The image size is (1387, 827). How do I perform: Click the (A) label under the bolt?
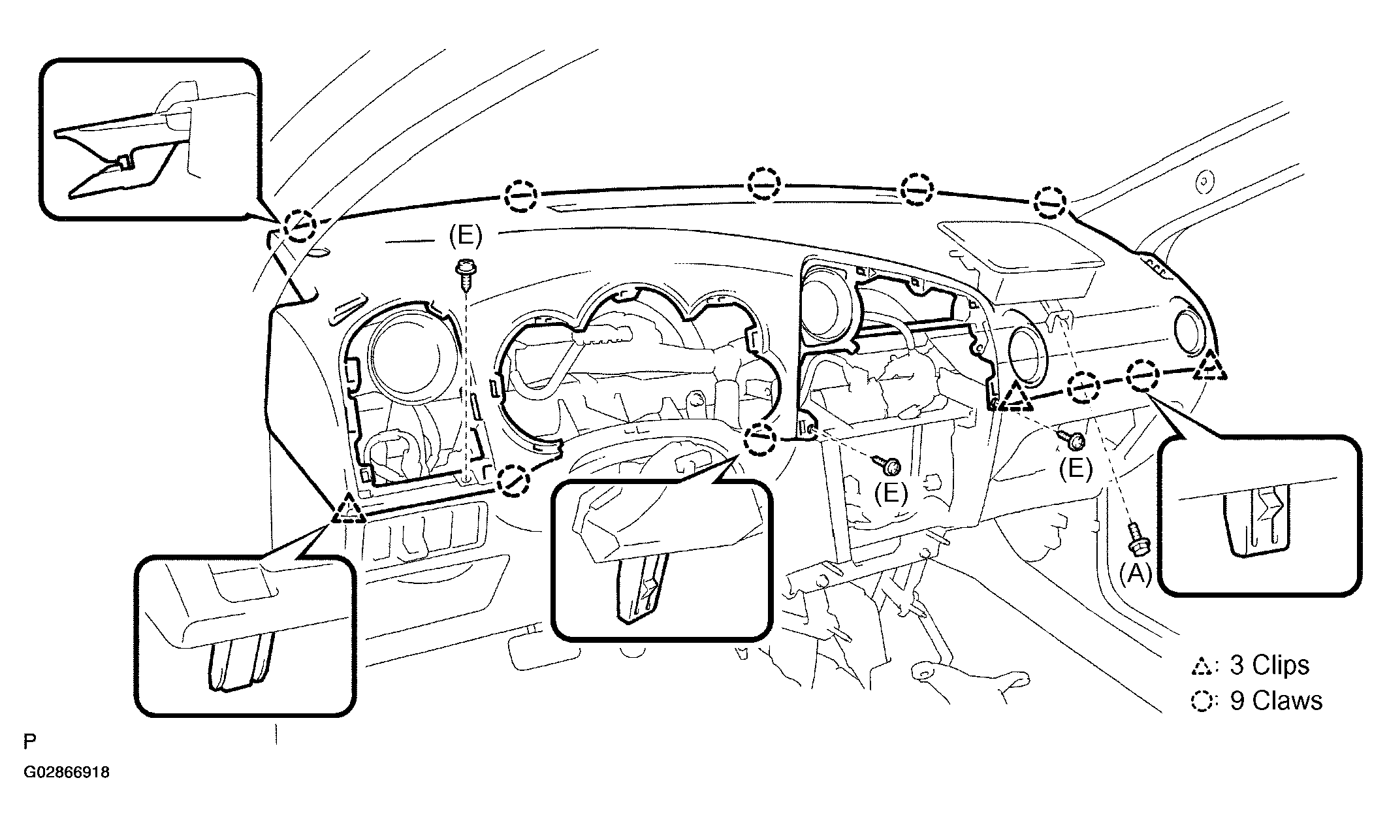1136,574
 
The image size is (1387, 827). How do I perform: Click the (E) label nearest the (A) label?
1076,468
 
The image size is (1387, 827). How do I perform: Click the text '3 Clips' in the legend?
1269,665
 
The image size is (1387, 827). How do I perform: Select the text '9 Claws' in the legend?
1276,700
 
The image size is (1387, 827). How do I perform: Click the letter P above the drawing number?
29,741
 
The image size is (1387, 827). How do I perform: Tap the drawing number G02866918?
67,773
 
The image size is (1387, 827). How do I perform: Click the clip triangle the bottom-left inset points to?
348,510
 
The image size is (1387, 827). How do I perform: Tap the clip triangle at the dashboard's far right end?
1210,367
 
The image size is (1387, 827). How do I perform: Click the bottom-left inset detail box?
246,635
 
